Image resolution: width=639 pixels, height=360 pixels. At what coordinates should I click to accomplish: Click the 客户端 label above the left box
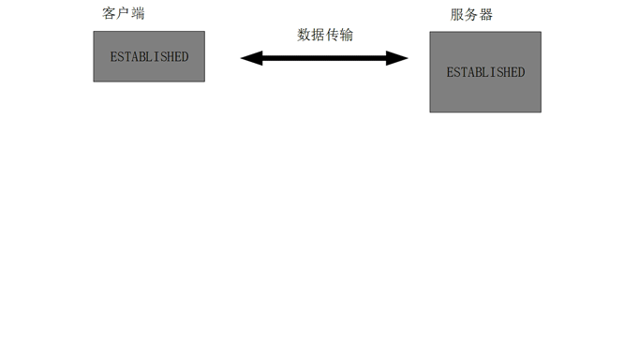(124, 14)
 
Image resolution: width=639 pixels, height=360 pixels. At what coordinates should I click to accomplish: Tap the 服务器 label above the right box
(471, 15)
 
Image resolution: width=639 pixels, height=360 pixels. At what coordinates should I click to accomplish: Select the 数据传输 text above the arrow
(325, 35)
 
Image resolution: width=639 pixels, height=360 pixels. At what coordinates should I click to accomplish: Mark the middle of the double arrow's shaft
(325, 58)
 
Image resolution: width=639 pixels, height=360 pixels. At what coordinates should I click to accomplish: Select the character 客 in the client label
(110, 14)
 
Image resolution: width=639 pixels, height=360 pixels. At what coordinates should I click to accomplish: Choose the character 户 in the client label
(124, 14)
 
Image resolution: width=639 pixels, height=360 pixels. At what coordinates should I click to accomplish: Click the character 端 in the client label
(138, 14)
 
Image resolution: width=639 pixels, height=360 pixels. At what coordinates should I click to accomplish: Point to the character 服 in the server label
(457, 15)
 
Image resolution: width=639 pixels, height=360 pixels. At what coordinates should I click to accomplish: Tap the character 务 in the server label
(471, 15)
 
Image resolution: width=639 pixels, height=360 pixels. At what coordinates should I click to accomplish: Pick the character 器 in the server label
(485, 15)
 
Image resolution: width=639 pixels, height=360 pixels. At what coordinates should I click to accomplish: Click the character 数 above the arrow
(305, 35)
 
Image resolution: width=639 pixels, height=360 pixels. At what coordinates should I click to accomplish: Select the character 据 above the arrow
(319, 35)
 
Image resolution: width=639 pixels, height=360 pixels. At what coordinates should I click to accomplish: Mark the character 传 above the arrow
(333, 35)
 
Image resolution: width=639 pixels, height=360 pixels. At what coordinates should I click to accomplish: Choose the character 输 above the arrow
(347, 35)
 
